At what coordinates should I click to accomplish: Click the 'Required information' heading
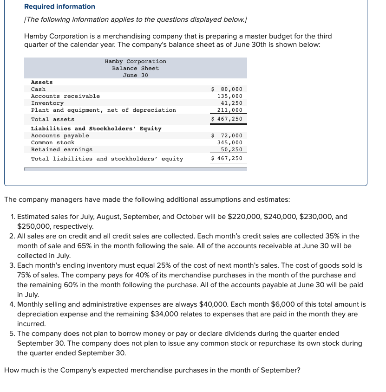tap(59, 6)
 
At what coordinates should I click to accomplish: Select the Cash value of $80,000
tap(227, 89)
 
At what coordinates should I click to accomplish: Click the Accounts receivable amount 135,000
tap(230, 96)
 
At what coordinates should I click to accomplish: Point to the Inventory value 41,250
tap(231, 103)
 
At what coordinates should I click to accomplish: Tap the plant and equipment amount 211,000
tap(230, 110)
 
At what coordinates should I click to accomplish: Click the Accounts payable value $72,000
tap(227, 135)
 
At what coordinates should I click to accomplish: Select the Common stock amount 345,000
tap(230, 142)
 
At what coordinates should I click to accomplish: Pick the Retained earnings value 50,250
tap(231, 149)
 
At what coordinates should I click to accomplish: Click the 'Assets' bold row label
tap(42, 82)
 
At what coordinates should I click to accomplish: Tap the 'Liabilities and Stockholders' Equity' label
tap(96, 129)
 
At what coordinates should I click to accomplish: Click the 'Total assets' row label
tap(52, 119)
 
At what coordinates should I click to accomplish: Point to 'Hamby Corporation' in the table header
tap(135, 61)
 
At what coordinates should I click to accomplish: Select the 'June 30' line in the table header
tap(135, 75)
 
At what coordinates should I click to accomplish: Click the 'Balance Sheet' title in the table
tap(135, 68)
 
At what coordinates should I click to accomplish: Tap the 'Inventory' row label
tap(47, 103)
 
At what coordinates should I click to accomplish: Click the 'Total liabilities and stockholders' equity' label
tap(107, 159)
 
